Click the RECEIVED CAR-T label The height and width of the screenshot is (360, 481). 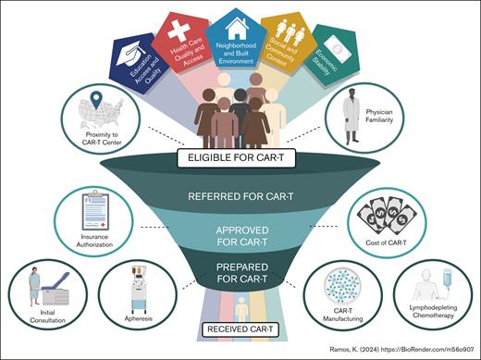[240, 329]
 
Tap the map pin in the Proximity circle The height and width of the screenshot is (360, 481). [92, 99]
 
